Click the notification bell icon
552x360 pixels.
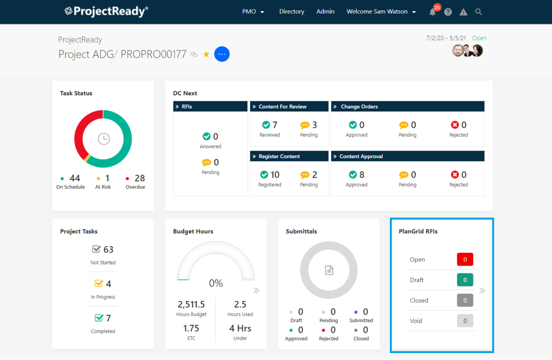point(433,12)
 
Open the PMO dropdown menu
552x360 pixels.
point(253,12)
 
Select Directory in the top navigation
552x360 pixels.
point(292,12)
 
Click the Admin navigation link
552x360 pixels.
point(325,12)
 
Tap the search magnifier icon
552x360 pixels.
point(479,12)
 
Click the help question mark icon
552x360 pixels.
point(448,12)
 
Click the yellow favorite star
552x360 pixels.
point(206,54)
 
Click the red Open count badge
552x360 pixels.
point(465,260)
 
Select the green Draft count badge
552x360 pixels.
point(465,280)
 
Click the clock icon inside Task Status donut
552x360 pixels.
point(103,139)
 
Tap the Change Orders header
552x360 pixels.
point(359,106)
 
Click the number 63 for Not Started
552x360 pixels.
point(108,250)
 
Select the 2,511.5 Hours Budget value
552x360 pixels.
point(191,304)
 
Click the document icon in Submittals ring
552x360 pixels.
point(329,270)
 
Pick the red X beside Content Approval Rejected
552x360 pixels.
point(455,175)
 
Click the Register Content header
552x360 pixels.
point(279,157)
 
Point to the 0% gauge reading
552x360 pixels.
point(216,283)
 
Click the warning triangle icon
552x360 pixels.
point(464,12)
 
